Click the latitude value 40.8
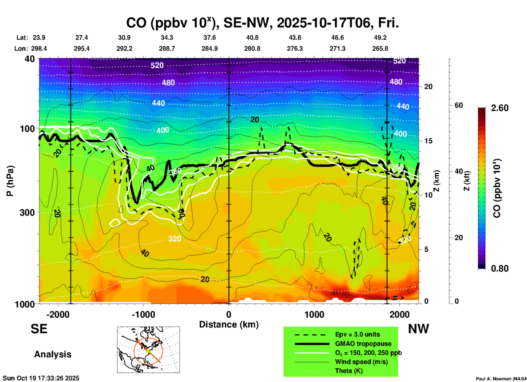click(252, 38)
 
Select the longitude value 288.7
click(167, 49)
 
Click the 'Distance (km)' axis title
click(229, 324)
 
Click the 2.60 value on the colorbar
click(500, 108)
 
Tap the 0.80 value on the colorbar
click(500, 268)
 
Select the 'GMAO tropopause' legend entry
click(363, 344)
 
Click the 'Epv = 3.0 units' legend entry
click(357, 334)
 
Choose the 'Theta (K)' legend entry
click(349, 371)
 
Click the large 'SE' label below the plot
click(39, 329)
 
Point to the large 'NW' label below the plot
click(418, 329)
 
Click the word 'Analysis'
click(53, 354)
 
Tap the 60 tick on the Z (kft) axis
click(459, 105)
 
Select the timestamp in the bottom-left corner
click(41, 378)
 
